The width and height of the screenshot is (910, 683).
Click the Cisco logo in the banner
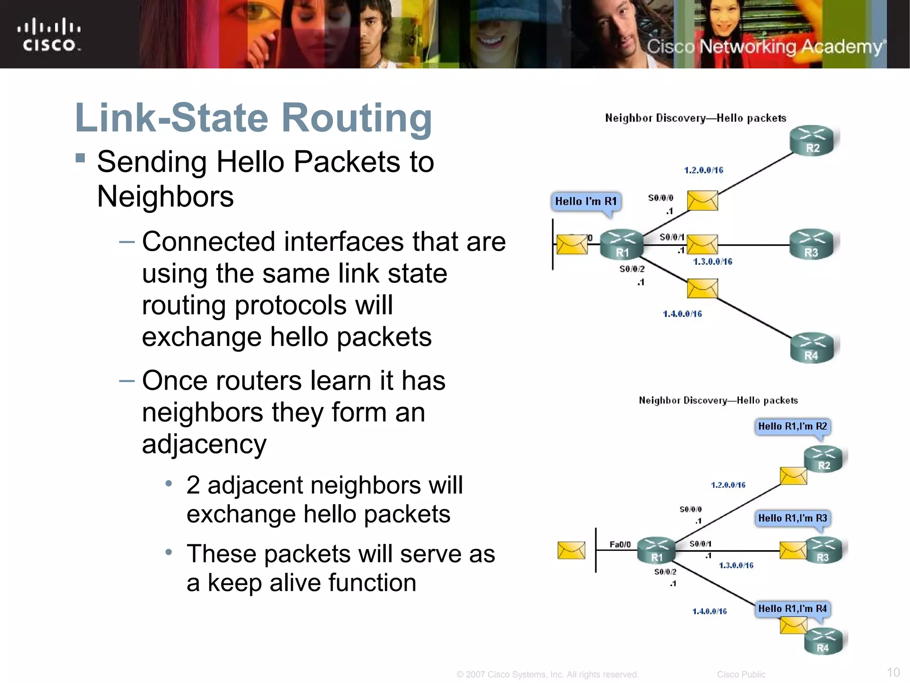49,35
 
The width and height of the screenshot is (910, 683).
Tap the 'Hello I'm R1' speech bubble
586,201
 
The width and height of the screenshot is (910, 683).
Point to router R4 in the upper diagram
813,348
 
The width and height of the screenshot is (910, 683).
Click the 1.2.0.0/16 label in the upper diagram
703,170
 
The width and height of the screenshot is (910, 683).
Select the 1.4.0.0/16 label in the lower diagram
709,611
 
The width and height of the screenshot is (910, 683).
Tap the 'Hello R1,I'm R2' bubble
792,426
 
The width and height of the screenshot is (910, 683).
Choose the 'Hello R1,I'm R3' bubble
792,518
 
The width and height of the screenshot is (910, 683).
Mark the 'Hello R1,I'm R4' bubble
792,609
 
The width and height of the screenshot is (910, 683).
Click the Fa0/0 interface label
620,544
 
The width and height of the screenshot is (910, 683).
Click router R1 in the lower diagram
657,550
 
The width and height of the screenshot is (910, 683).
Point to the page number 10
893,672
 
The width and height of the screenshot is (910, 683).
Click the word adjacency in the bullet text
204,444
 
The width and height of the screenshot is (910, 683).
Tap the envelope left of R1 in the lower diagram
571,550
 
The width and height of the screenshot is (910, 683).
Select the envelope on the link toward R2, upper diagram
702,201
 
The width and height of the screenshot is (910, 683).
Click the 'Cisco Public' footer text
741,675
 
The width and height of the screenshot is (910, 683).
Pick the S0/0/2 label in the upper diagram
631,269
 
